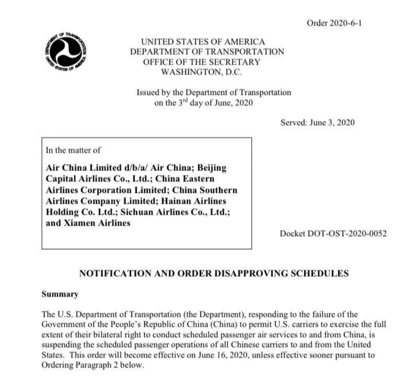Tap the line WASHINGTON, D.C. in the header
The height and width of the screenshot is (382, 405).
[207, 72]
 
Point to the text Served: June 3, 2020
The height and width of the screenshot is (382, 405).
[317, 123]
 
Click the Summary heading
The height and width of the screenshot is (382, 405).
[60, 294]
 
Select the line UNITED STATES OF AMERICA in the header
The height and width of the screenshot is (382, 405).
[203, 42]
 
